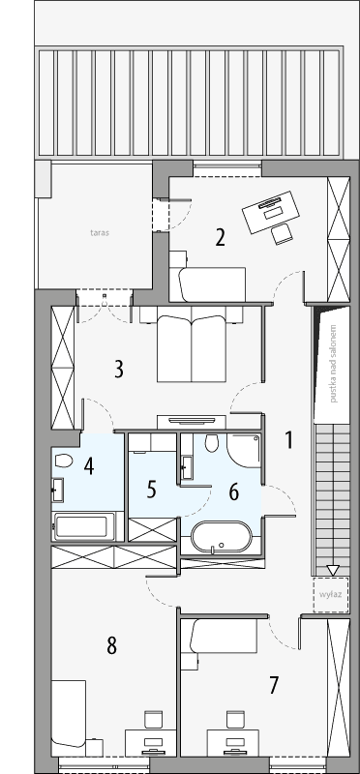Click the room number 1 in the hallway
click(x=287, y=438)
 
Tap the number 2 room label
click(x=221, y=237)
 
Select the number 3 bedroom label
click(x=118, y=369)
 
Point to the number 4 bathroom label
click(x=88, y=466)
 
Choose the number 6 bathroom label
click(x=233, y=491)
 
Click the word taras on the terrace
click(x=98, y=233)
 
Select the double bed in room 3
click(x=194, y=346)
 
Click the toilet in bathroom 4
click(x=65, y=461)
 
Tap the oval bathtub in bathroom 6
click(x=222, y=538)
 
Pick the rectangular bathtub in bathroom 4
click(x=84, y=527)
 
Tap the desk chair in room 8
click(x=152, y=721)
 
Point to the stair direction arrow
click(x=331, y=570)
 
